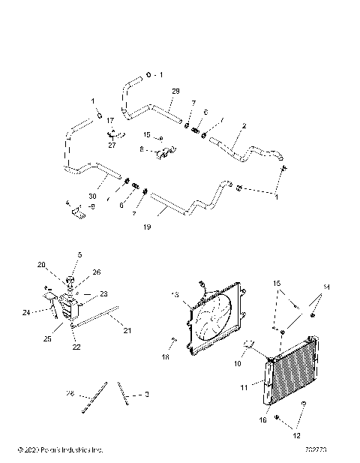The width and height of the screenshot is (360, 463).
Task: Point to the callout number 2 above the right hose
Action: pyautogui.click(x=244, y=128)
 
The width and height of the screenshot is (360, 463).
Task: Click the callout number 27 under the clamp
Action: pyautogui.click(x=112, y=145)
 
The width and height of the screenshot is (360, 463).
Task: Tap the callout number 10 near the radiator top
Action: pyautogui.click(x=238, y=362)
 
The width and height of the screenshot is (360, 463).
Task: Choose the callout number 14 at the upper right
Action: pyautogui.click(x=326, y=287)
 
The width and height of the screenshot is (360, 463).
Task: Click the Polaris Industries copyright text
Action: pyautogui.click(x=59, y=449)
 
